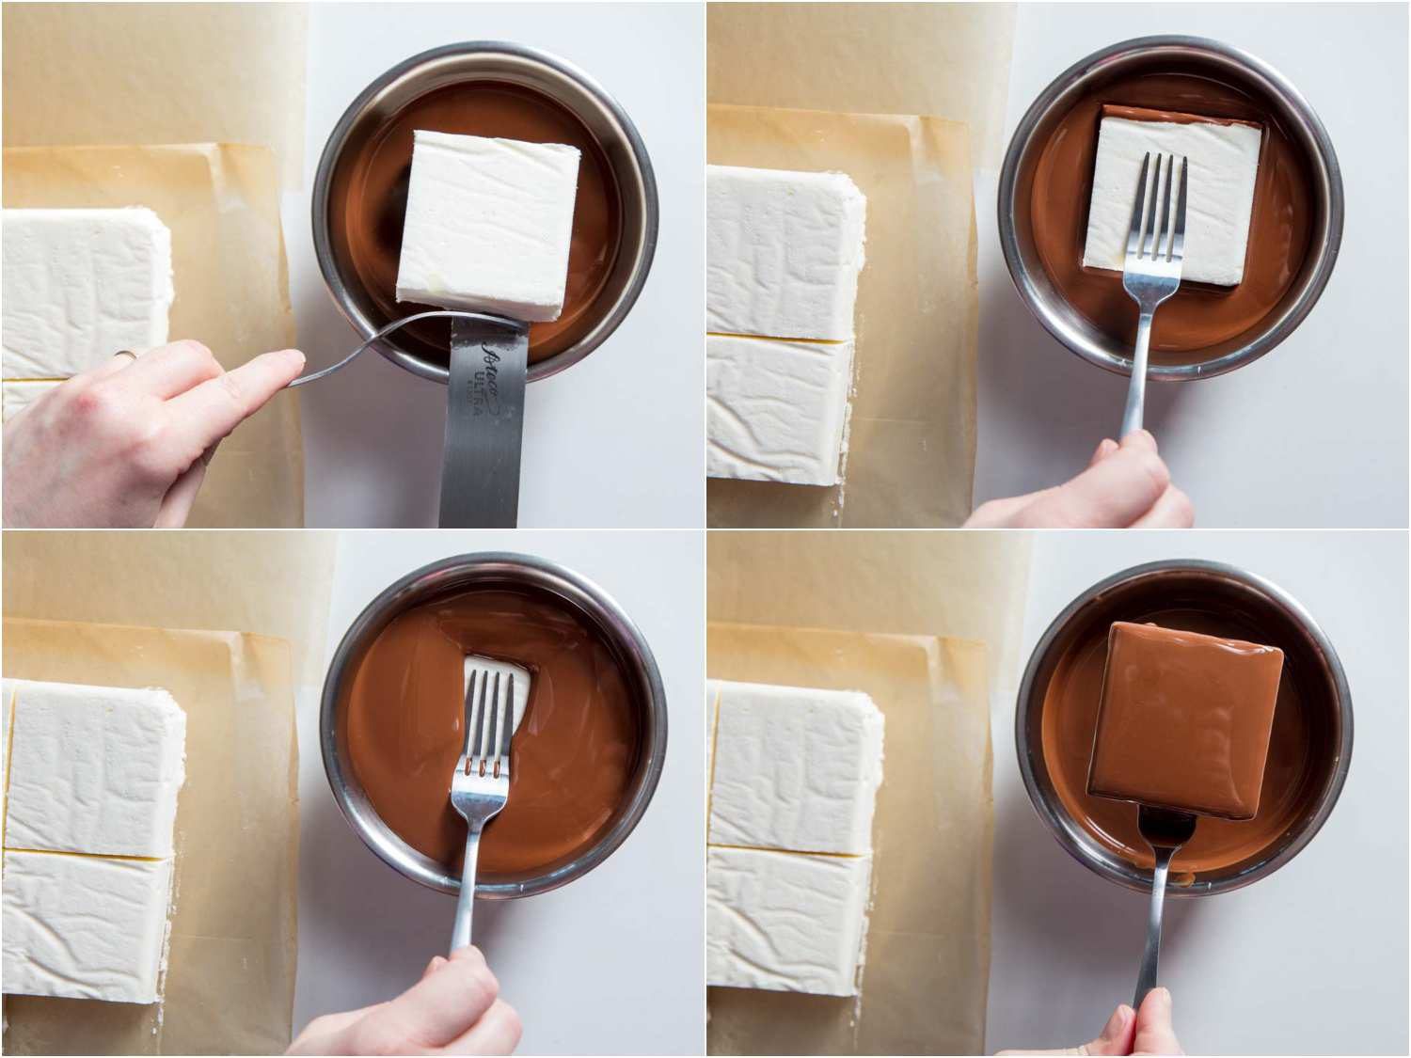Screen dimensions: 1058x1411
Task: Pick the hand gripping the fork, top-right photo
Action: [1119, 484]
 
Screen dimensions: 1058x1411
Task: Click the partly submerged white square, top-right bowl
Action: [1171, 202]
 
